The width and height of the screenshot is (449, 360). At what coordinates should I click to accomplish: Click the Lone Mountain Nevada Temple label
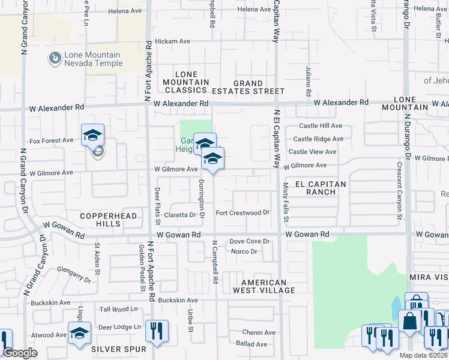coord(92,59)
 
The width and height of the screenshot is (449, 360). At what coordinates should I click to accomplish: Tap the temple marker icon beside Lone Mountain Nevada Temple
coord(55,59)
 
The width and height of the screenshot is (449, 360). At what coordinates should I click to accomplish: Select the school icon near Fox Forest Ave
coord(93,135)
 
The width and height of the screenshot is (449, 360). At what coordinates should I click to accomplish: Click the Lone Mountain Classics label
coord(186,86)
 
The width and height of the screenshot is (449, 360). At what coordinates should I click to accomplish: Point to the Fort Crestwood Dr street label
coord(243,212)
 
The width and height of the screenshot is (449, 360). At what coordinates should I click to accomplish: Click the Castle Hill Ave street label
coord(321,126)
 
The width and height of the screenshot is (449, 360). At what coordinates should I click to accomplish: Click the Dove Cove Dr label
coord(250,241)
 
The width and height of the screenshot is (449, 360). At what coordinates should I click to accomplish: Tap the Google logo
coord(20,353)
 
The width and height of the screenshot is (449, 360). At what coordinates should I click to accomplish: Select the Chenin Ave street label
coord(259,332)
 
